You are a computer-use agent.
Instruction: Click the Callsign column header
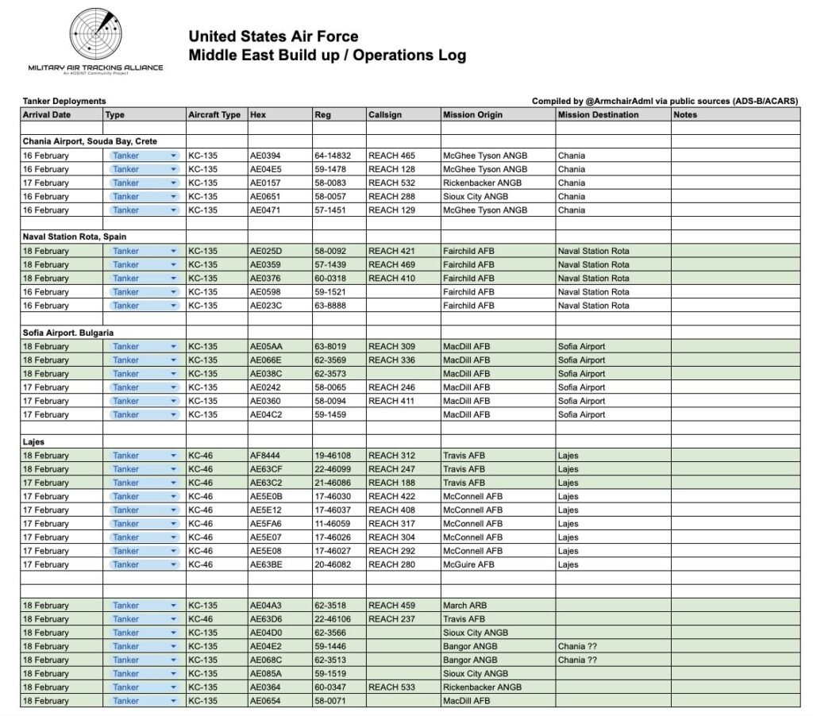[x=385, y=114]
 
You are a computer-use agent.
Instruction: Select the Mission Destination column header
[x=598, y=114]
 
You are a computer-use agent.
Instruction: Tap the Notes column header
[x=684, y=114]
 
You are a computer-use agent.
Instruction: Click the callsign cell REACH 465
[x=391, y=156]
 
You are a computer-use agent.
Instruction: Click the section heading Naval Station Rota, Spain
[x=75, y=237]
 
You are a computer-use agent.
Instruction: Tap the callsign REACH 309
[x=391, y=346]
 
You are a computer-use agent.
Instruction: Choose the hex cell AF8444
[x=266, y=456]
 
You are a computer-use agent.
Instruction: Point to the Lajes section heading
[x=34, y=441]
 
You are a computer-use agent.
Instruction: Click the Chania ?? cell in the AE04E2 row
[x=577, y=646]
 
